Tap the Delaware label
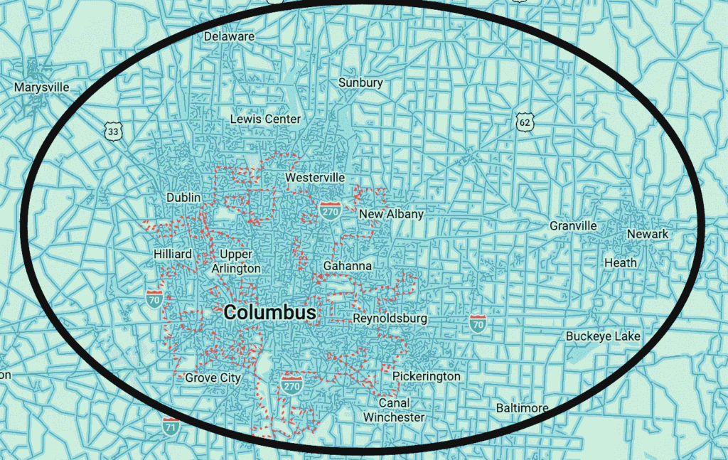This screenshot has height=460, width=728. coord(229,36)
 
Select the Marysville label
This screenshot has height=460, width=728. coord(42,87)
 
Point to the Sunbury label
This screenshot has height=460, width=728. coord(360,82)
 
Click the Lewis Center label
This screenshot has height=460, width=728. coord(265,119)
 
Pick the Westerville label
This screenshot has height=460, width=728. coord(315,177)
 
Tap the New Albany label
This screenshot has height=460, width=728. coord(391,214)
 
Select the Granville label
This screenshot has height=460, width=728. coord(573,226)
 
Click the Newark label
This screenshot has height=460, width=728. coord(648,235)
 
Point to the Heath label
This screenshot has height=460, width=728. coord(621,262)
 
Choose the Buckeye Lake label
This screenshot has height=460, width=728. coord(603,336)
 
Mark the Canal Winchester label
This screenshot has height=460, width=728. coord(394,410)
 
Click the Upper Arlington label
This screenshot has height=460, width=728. coord(236,262)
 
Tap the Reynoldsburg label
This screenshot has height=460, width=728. coord(390,319)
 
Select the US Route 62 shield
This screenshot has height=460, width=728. coord(525,122)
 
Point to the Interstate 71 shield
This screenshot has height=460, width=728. coord(171,427)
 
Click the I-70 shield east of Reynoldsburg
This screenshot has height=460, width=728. coord(478,323)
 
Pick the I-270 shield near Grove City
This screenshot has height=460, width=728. coord(291,385)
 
